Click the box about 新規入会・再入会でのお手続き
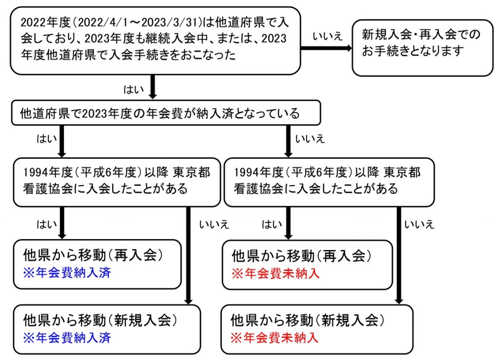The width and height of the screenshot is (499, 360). (422, 48)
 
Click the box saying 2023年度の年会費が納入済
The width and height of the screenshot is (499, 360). (166, 113)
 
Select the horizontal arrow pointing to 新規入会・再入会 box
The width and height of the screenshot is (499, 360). (326, 48)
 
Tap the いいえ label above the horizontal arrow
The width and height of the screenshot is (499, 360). (327, 36)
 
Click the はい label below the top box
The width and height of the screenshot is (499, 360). (134, 89)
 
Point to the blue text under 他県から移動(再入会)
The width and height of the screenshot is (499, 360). (67, 273)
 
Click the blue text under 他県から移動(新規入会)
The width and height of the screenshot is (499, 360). (67, 338)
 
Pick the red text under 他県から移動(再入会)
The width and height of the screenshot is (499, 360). (276, 273)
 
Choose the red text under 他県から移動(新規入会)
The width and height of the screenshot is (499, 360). (274, 338)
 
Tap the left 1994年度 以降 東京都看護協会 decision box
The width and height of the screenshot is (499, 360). (117, 182)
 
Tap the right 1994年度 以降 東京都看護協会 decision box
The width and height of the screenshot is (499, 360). (329, 182)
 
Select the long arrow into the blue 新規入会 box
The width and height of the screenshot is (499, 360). (189, 256)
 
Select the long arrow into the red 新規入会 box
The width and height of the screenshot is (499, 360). (399, 255)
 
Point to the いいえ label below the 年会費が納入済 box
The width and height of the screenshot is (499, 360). (309, 139)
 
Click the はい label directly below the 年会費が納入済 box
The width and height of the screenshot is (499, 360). (47, 139)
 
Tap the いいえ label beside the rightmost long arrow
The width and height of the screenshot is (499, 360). (419, 225)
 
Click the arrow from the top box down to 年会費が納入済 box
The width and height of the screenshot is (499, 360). (153, 87)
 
